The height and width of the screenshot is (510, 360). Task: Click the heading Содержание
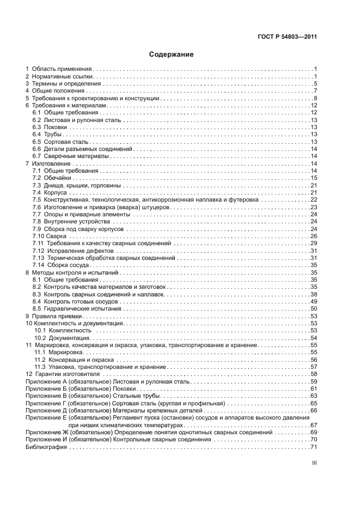coord(172,54)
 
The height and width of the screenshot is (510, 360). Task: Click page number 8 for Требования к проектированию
coord(315,98)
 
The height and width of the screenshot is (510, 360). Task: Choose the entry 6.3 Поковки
coord(50,127)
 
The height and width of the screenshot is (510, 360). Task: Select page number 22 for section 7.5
coord(313,200)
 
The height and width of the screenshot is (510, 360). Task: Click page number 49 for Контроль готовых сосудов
coord(313,302)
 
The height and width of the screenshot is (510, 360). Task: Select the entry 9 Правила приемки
coord(57,316)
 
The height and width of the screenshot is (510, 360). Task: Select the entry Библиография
coord(46,447)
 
